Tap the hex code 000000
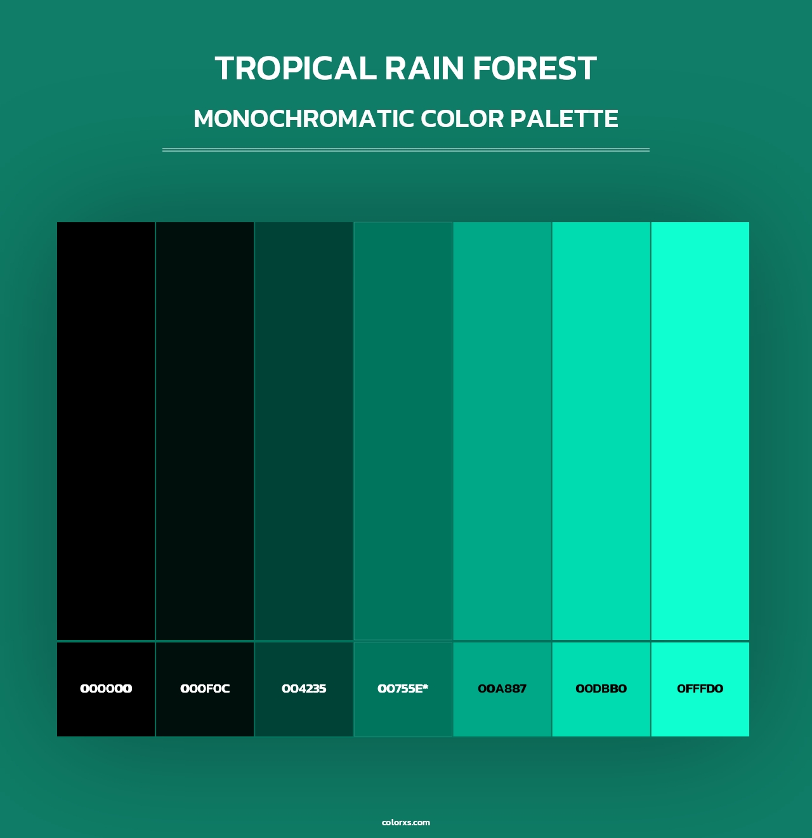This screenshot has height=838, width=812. point(106,689)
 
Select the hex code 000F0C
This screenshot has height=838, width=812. point(205,689)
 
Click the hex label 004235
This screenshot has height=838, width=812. point(304,689)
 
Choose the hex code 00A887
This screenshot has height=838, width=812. point(502,689)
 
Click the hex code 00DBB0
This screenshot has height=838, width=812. point(601,689)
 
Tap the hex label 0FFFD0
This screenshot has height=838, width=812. point(700,689)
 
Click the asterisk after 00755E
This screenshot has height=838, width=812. point(426,686)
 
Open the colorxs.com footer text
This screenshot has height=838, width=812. point(406,822)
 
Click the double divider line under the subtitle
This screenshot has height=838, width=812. point(406,150)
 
